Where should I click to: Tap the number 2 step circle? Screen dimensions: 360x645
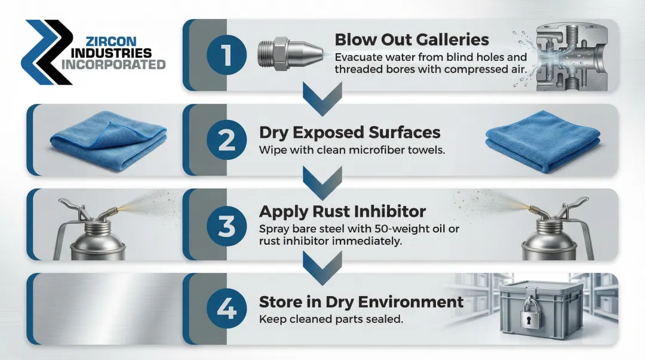pyautogui.click(x=226, y=140)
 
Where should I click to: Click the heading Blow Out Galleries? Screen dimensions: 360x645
pyautogui.click(x=411, y=40)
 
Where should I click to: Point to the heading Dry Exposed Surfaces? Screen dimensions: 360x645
pyautogui.click(x=349, y=132)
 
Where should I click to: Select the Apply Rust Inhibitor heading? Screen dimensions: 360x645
pyautogui.click(x=342, y=211)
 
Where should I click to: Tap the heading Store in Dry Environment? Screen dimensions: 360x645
pyautogui.click(x=361, y=301)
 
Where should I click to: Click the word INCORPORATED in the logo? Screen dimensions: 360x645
pyautogui.click(x=113, y=64)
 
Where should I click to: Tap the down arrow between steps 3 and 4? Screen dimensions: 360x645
pyautogui.click(x=322, y=264)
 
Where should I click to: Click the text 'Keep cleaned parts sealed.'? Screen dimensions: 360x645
pyautogui.click(x=331, y=319)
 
